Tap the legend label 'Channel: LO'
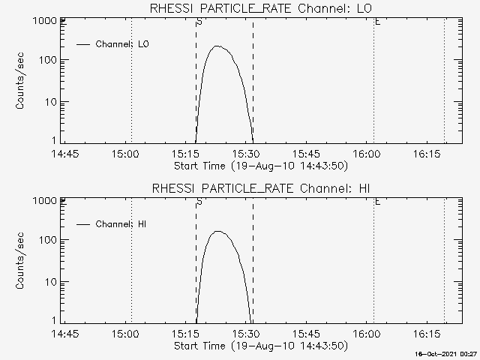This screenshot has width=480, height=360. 123,44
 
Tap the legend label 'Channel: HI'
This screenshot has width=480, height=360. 122,224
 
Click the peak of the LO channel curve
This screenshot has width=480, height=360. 217,46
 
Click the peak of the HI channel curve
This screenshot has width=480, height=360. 218,232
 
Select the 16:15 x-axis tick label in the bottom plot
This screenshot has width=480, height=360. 426,334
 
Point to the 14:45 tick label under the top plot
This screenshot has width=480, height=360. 65,154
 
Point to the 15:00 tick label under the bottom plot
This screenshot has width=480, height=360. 125,334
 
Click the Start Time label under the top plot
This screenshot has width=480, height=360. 259,166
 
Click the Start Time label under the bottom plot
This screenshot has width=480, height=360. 259,346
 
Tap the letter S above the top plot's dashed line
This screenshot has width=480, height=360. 199,22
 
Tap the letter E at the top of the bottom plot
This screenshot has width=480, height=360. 377,202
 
